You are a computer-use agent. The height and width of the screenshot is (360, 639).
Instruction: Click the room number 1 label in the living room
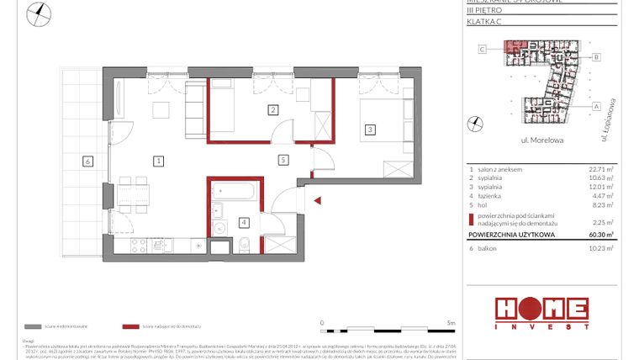[157, 160]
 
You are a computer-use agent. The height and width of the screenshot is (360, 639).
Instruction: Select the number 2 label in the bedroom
[272, 109]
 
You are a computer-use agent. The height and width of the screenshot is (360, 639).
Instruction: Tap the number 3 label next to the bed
[369, 130]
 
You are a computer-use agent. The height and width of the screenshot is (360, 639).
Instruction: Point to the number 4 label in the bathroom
[243, 222]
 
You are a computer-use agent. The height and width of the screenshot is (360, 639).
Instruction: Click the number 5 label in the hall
[283, 159]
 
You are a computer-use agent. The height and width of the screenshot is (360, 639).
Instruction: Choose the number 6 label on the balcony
[87, 161]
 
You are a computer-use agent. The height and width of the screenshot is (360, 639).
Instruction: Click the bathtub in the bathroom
[235, 192]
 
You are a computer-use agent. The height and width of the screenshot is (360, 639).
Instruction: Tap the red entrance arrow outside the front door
[317, 200]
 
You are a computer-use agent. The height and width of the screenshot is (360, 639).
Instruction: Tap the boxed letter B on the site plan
[596, 57]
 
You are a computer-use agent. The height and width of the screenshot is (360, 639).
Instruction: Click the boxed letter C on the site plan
[483, 50]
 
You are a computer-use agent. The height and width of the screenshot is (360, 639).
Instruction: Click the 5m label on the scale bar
[451, 321]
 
